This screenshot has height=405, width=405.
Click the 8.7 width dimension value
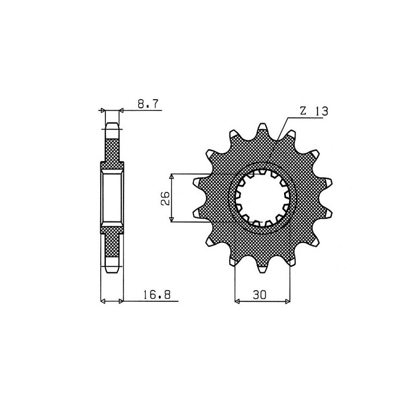tap(148, 105)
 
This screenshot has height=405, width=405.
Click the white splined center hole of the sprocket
tap(262, 197)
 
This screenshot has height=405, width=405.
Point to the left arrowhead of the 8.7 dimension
tap(103, 110)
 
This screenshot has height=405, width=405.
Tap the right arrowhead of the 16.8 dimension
tap(120, 302)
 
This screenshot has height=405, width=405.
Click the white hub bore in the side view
tap(112, 198)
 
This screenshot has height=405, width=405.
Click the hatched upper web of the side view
tap(112, 149)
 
